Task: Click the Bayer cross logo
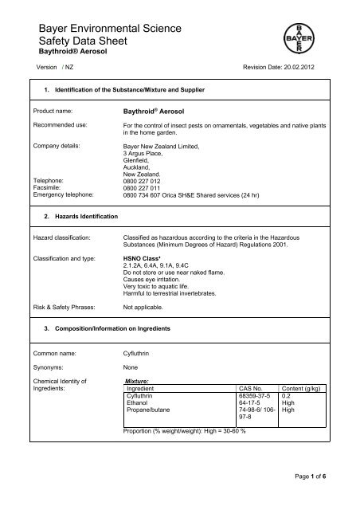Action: tap(326, 33)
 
